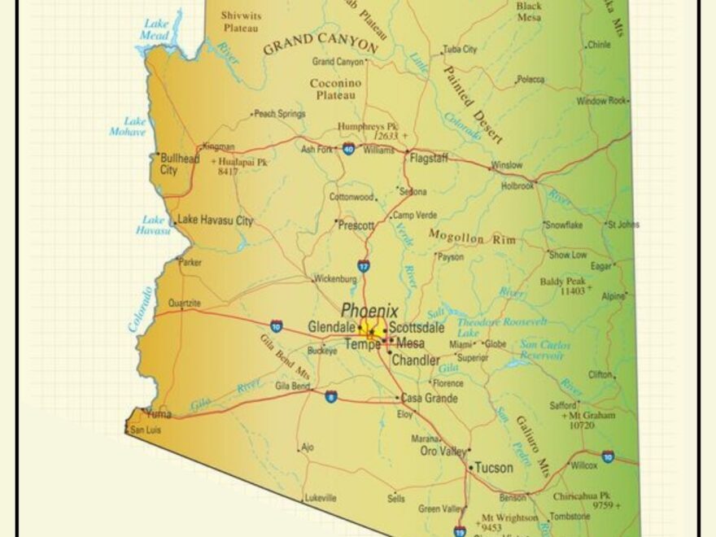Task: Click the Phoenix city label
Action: pos(369,311)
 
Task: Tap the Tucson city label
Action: pos(494,468)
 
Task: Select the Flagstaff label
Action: pos(429,158)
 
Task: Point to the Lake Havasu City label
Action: pos(215,220)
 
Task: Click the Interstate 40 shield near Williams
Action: pos(348,149)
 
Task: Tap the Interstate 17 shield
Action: pos(363,265)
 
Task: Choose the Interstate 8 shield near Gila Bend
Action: pos(330,396)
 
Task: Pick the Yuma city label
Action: pos(159,413)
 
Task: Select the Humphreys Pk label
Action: pos(369,127)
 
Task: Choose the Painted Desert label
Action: pos(471,103)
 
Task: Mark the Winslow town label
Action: pos(506,165)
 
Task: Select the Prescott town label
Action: pos(356,225)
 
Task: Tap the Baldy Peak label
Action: pos(562,282)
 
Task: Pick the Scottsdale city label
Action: pos(417,328)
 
